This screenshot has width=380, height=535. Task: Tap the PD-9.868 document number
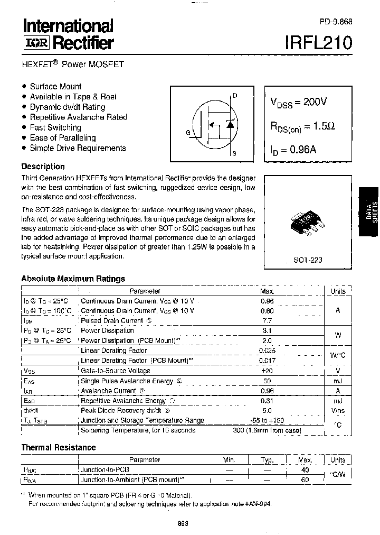tap(336, 22)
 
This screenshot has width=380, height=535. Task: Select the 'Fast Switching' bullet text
tap(55, 127)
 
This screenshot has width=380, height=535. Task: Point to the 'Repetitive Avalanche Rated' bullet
tap(78, 117)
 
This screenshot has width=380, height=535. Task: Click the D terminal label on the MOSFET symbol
tap(235, 96)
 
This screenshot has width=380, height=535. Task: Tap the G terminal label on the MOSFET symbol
tap(188, 133)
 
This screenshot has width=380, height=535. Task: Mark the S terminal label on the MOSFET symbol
tap(235, 154)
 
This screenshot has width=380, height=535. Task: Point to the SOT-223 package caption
tap(308, 260)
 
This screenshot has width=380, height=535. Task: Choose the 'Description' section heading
tap(43, 167)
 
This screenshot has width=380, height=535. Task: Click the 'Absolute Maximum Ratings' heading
tap(73, 279)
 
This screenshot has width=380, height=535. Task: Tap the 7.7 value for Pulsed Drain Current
tap(267, 321)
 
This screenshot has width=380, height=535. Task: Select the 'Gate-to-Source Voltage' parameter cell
tap(115, 371)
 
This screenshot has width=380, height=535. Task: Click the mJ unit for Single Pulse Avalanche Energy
tap(338, 381)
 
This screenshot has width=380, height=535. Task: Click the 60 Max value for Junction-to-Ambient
tap(305, 479)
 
